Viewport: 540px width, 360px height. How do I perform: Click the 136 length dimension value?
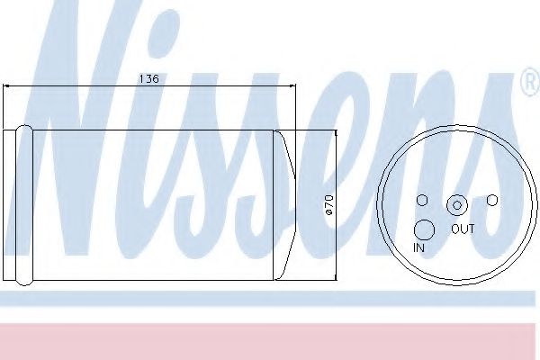coord(148,79)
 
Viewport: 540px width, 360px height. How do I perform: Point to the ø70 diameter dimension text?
coord(329,206)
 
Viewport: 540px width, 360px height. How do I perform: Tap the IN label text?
coord(419,247)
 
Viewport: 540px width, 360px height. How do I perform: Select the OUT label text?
coord(463,229)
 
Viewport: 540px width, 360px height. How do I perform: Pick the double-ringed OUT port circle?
coord(457,205)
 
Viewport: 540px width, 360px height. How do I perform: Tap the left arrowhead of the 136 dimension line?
coord(8,86)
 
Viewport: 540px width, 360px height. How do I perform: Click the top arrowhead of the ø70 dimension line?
coord(336,134)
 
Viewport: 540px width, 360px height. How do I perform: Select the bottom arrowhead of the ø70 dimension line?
coord(336,274)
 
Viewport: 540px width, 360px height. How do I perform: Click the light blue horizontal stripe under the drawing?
coord(270,299)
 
